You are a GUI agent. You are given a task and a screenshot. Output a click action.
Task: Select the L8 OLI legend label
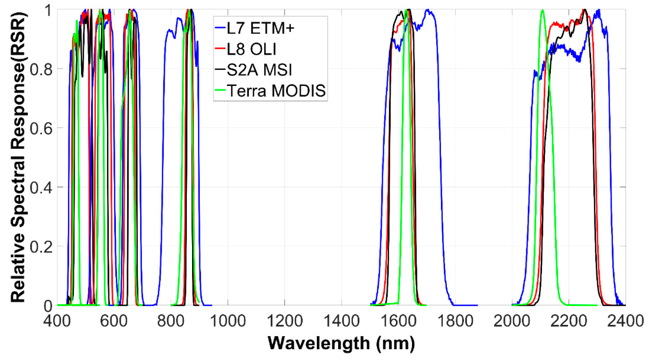251,49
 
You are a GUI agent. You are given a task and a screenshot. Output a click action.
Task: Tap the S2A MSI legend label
259,70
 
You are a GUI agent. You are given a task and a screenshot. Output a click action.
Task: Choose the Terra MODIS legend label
276,91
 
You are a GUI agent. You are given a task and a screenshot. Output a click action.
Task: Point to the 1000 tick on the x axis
228,321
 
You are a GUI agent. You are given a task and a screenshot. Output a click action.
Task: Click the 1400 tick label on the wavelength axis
342,321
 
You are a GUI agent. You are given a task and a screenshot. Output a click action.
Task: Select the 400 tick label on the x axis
57,321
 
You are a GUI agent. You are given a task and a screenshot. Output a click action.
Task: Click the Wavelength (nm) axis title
341,343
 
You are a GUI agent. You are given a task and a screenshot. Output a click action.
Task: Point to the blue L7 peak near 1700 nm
428,11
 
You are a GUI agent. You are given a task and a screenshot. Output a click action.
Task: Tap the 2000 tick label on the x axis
512,321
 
